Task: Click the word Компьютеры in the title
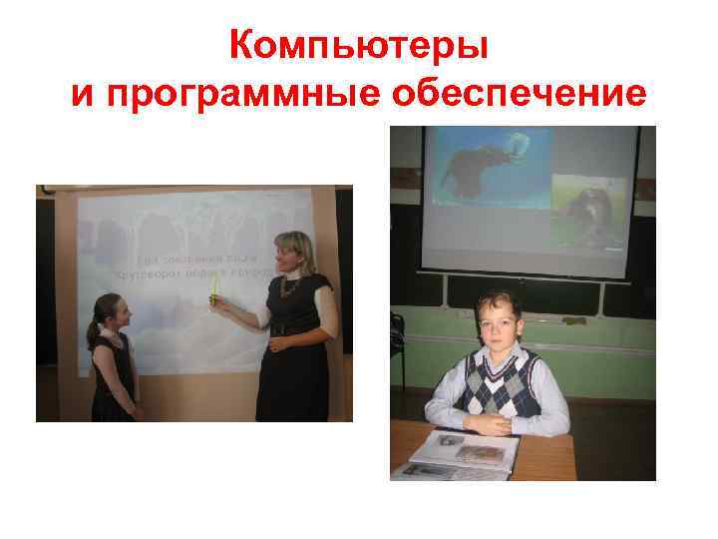[x=359, y=46]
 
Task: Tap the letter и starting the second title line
[x=84, y=96]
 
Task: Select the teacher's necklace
[x=289, y=288]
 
